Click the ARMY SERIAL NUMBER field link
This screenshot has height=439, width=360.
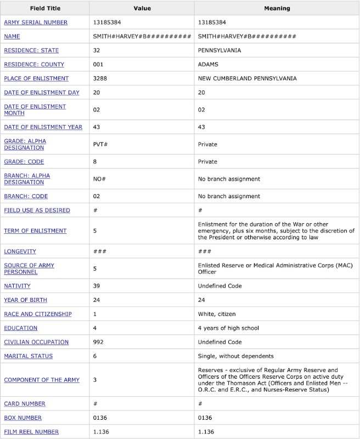pyautogui.click(x=36, y=22)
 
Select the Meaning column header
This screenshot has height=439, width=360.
pyautogui.click(x=277, y=9)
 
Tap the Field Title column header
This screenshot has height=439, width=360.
pyautogui.click(x=45, y=9)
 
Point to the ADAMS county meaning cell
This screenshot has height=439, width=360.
pyautogui.click(x=209, y=64)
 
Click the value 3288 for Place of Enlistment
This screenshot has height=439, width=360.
pyautogui.click(x=100, y=78)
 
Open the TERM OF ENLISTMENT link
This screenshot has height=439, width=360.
pyautogui.click(x=35, y=231)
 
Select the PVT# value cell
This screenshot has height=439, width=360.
pyautogui.click(x=100, y=144)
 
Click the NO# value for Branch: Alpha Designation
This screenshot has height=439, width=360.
pyautogui.click(x=99, y=179)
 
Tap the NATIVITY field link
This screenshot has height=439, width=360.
pyautogui.click(x=17, y=286)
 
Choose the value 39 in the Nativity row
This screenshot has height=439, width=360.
pyautogui.click(x=97, y=286)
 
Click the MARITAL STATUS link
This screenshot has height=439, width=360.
pyautogui.click(x=29, y=356)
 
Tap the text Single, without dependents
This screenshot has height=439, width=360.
pyautogui.click(x=235, y=356)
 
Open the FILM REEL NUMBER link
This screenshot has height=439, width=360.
pyautogui.click(x=31, y=432)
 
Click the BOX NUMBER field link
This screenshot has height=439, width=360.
pyautogui.click(x=25, y=418)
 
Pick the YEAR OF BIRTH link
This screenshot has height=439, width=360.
pyautogui.click(x=26, y=300)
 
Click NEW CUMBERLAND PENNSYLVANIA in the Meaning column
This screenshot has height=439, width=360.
pyautogui.click(x=247, y=78)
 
